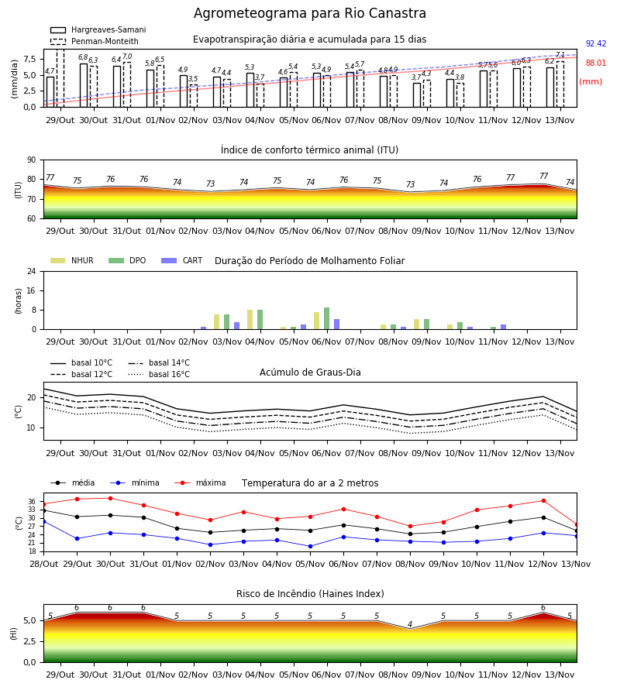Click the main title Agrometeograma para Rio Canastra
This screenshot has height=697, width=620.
(309, 13)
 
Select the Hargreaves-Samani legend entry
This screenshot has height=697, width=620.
(98, 29)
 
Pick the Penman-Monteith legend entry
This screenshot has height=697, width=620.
(95, 41)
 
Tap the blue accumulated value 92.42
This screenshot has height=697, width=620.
(596, 43)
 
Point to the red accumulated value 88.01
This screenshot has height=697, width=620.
(596, 64)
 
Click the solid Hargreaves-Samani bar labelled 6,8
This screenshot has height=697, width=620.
(84, 85)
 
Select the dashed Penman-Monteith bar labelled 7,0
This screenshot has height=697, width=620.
(127, 84)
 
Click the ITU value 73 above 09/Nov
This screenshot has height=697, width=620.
(410, 184)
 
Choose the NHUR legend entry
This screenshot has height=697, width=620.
(72, 260)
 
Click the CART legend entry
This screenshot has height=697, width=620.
(182, 260)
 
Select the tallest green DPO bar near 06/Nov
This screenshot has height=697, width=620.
(327, 318)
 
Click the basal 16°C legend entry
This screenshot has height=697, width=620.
(159, 374)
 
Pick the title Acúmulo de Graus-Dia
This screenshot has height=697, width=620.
(310, 373)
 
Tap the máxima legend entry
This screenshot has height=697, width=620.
(200, 482)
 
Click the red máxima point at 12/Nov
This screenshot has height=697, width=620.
(543, 501)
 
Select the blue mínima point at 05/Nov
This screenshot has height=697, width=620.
(311, 546)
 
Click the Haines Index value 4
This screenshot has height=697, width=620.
(410, 624)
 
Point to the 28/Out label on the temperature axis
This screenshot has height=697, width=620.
(44, 564)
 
